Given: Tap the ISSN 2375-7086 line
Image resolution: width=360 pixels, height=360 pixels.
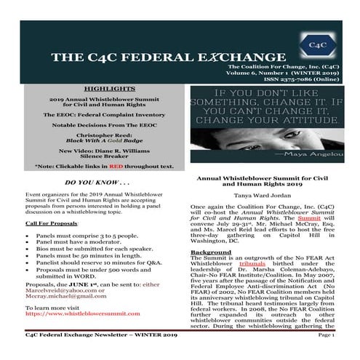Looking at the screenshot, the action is click(304, 80).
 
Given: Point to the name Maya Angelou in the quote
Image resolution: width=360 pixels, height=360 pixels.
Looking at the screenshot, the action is click(311, 154).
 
